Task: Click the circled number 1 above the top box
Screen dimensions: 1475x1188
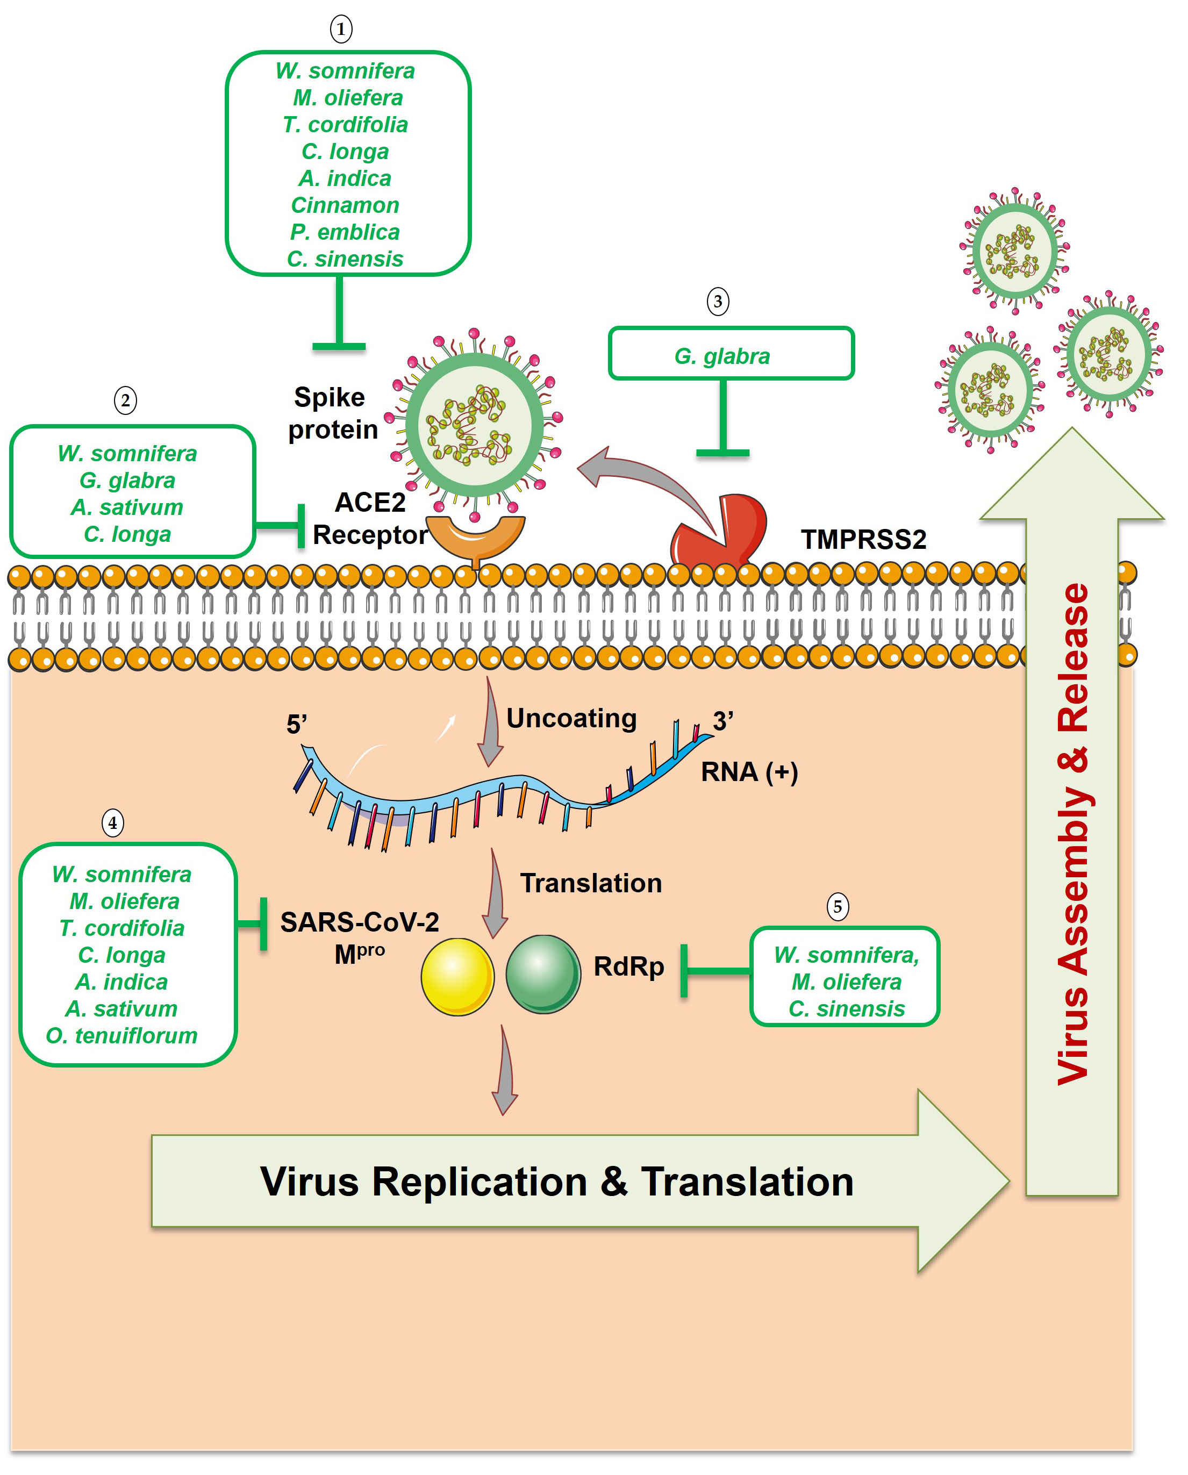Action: tap(341, 30)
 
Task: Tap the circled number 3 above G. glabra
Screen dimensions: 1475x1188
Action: tap(718, 302)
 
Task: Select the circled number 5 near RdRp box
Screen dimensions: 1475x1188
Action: tap(838, 907)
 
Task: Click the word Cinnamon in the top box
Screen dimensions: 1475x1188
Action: tap(345, 205)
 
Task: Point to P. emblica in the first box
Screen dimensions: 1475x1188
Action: tap(345, 232)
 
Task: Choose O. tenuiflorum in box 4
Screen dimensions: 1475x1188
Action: tap(122, 1036)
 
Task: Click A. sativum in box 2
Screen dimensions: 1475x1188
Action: tap(127, 507)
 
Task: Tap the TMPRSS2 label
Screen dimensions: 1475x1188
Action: tap(864, 539)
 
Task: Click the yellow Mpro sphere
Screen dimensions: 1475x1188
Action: tap(457, 976)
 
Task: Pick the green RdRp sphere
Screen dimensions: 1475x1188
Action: tap(543, 974)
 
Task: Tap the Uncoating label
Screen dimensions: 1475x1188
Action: tap(571, 718)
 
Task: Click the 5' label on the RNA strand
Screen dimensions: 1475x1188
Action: tap(297, 724)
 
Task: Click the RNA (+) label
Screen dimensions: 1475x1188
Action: tap(749, 772)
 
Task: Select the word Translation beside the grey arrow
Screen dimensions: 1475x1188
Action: tap(591, 883)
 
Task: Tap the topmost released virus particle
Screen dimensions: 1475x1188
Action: tap(1014, 251)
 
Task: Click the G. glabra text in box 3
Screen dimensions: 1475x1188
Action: tap(722, 356)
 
